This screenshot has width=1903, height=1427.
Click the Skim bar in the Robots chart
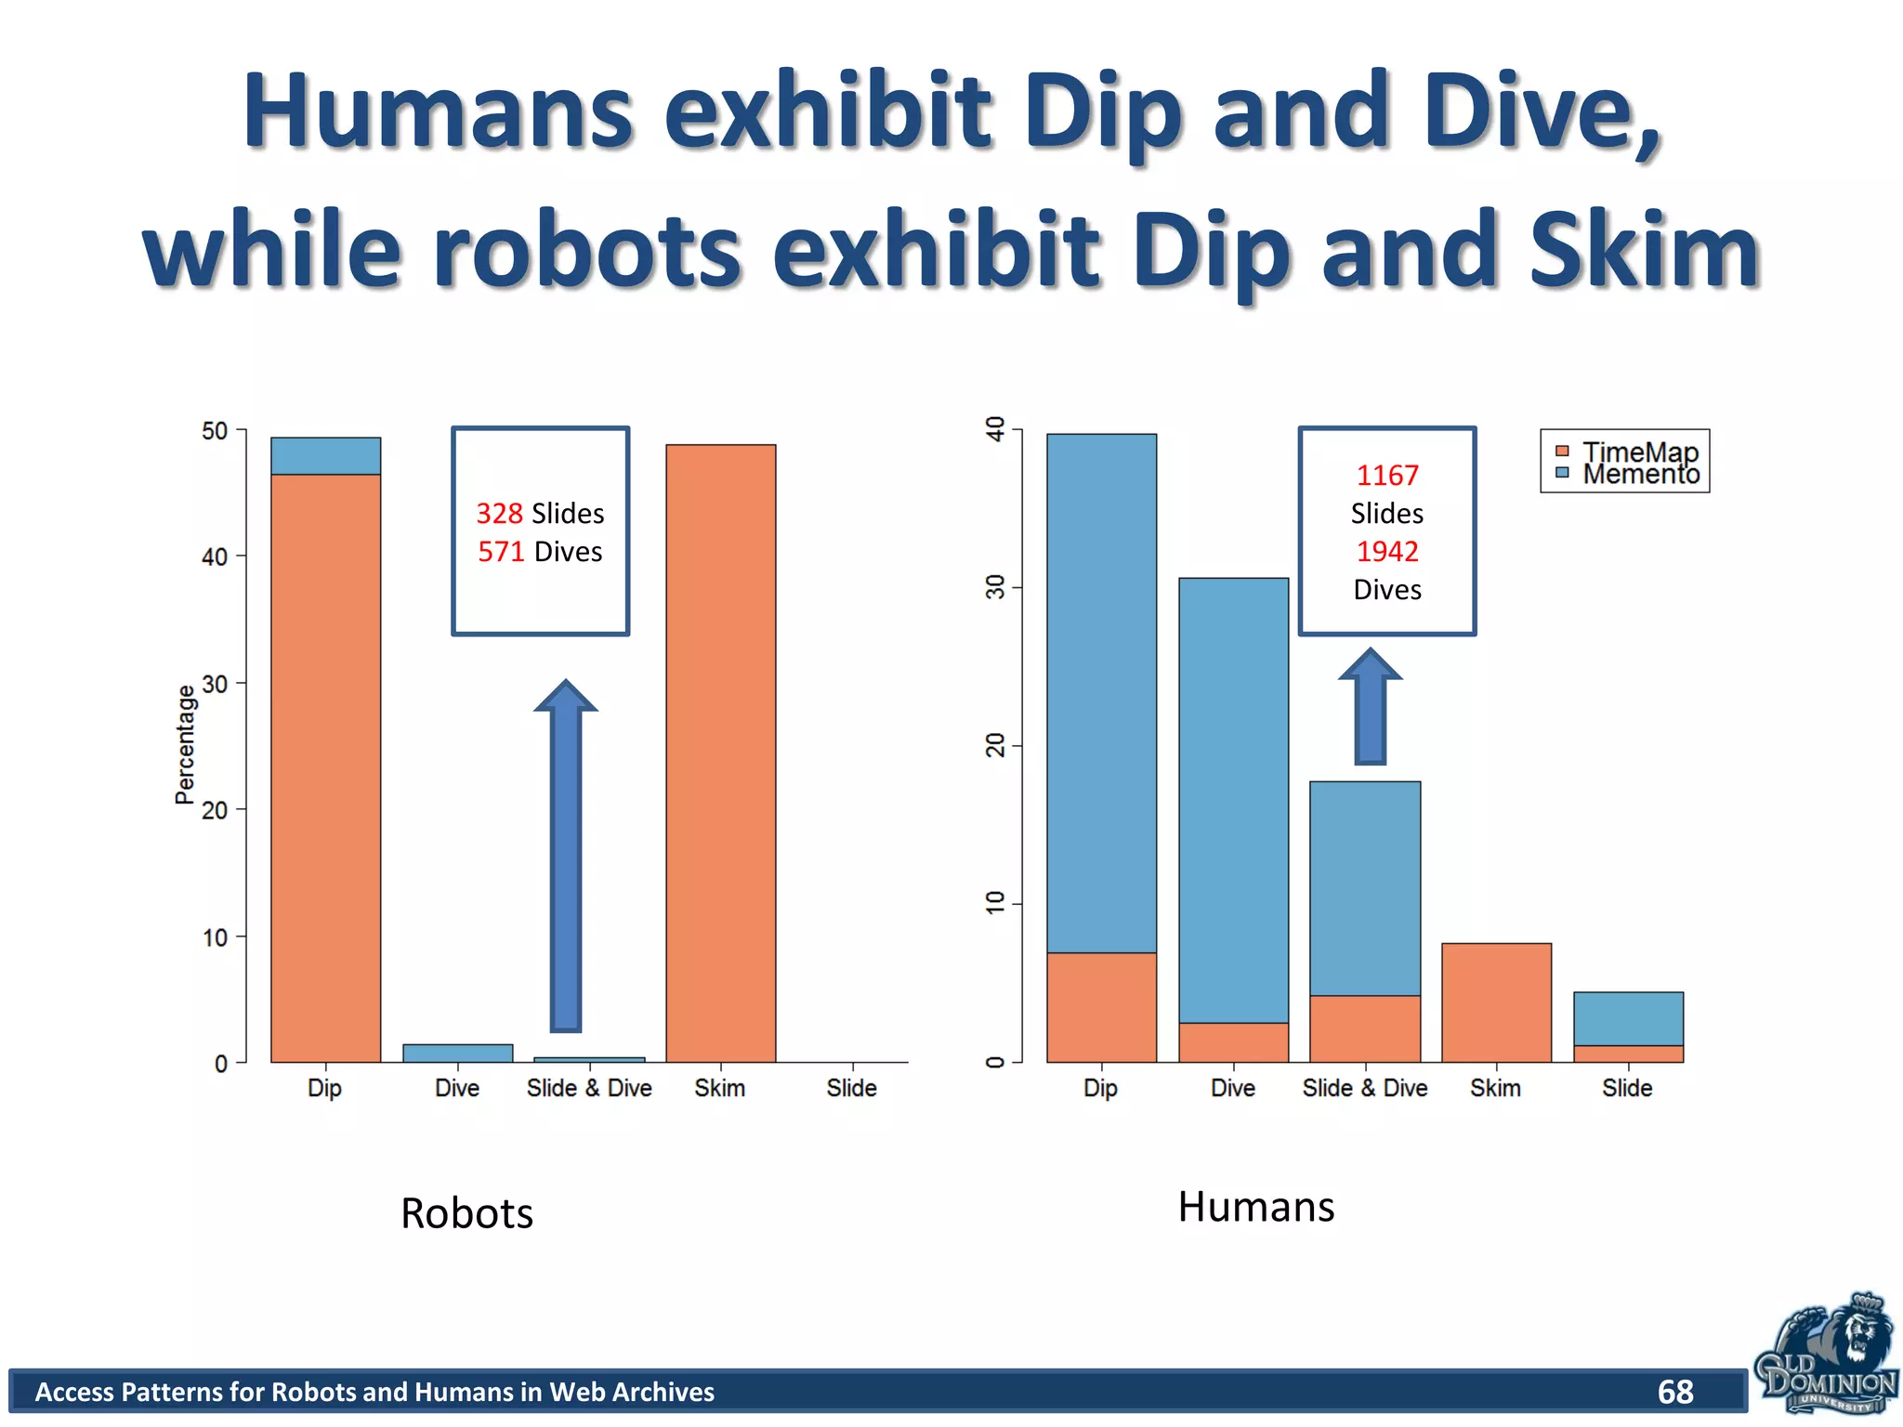click(720, 753)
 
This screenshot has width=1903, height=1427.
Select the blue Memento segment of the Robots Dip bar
click(325, 456)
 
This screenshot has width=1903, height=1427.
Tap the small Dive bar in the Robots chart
click(457, 1053)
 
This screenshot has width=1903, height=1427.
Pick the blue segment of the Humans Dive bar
click(1233, 799)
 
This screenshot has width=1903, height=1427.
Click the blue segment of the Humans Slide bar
click(1628, 1018)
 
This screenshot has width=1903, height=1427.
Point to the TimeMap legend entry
click(1639, 452)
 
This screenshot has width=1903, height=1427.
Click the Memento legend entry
click(1641, 475)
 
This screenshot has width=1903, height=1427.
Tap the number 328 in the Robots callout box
click(499, 513)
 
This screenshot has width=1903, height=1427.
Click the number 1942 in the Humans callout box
click(1386, 551)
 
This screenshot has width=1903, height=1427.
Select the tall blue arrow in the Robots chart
click(565, 855)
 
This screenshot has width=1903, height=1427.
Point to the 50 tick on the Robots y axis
click(214, 431)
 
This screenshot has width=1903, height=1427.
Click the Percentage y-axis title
click(185, 744)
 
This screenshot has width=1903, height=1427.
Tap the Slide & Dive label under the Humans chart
click(1364, 1088)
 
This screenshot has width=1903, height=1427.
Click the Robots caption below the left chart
click(466, 1212)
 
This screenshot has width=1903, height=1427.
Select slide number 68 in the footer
click(1674, 1391)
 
